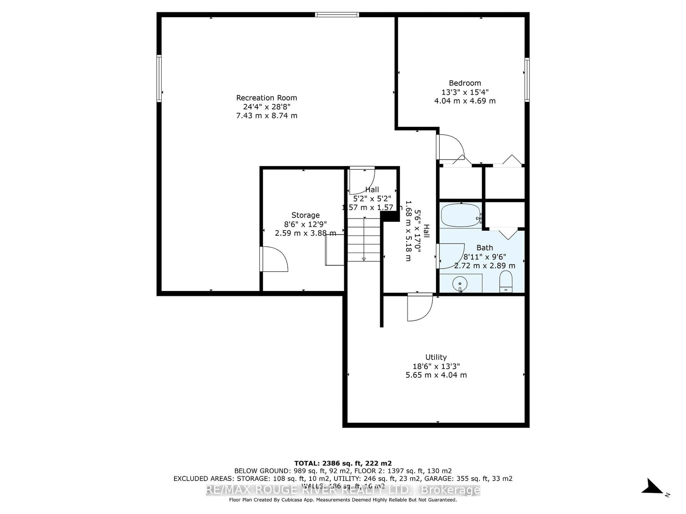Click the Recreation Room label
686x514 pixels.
click(x=266, y=98)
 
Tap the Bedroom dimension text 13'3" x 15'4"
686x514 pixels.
click(x=465, y=92)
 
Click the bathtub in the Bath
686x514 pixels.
click(x=461, y=215)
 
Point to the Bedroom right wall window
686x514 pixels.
click(x=527, y=80)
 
